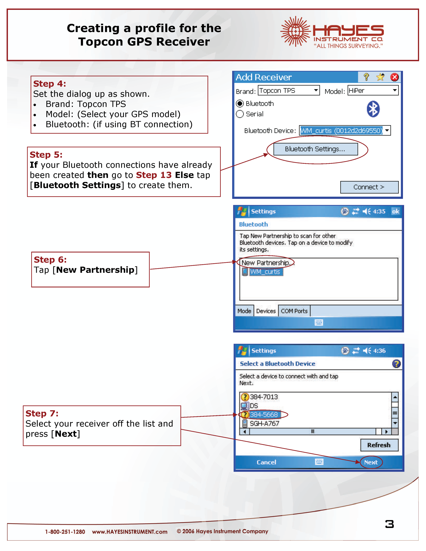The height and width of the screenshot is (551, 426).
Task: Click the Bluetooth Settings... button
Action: pyautogui.click(x=315, y=149)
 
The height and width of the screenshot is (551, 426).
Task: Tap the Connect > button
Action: pyautogui.click(x=369, y=187)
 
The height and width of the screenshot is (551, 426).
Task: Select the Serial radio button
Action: pyautogui.click(x=240, y=114)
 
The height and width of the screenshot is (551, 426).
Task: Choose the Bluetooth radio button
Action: pyautogui.click(x=240, y=104)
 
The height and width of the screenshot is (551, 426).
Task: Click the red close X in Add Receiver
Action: pyautogui.click(x=394, y=77)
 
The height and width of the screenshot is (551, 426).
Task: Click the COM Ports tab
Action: pyautogui.click(x=294, y=311)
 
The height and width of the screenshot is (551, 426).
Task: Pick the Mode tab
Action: pyautogui.click(x=244, y=311)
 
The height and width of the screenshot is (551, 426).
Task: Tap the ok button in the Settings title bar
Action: pyautogui.click(x=395, y=211)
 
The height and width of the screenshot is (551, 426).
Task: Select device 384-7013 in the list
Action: pyautogui.click(x=264, y=397)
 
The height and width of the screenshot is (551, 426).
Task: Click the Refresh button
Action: pyautogui.click(x=379, y=445)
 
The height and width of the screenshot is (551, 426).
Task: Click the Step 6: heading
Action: pyautogui.click(x=50, y=260)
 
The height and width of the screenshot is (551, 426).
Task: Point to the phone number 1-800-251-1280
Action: pyautogui.click(x=65, y=532)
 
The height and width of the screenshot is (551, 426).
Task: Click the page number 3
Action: pyautogui.click(x=389, y=524)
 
